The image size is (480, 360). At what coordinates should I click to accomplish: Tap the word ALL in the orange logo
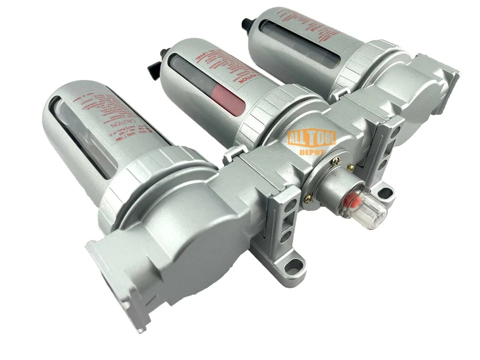point(298,138)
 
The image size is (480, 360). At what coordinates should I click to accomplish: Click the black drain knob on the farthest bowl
point(245,22)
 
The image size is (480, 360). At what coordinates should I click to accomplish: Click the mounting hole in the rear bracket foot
point(385,190)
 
